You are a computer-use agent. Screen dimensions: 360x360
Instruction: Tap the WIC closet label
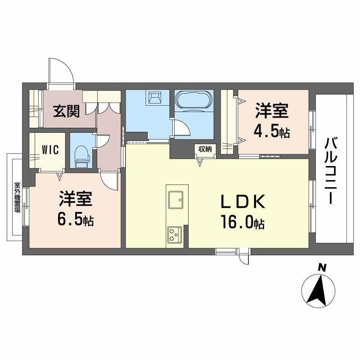[x=50, y=150]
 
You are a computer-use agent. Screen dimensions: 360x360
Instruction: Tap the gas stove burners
[x=174, y=234]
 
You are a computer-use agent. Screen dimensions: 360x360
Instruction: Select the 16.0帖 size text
[x=242, y=222]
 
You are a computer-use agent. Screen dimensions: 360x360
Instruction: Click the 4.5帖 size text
[x=271, y=131]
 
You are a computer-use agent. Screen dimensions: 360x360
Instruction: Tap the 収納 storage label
[x=205, y=149]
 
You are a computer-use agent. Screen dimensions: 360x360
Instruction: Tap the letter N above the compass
[x=321, y=268]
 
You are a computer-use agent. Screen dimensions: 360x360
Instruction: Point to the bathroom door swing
[x=182, y=128]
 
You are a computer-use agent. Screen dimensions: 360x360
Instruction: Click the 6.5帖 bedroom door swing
[x=109, y=181]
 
